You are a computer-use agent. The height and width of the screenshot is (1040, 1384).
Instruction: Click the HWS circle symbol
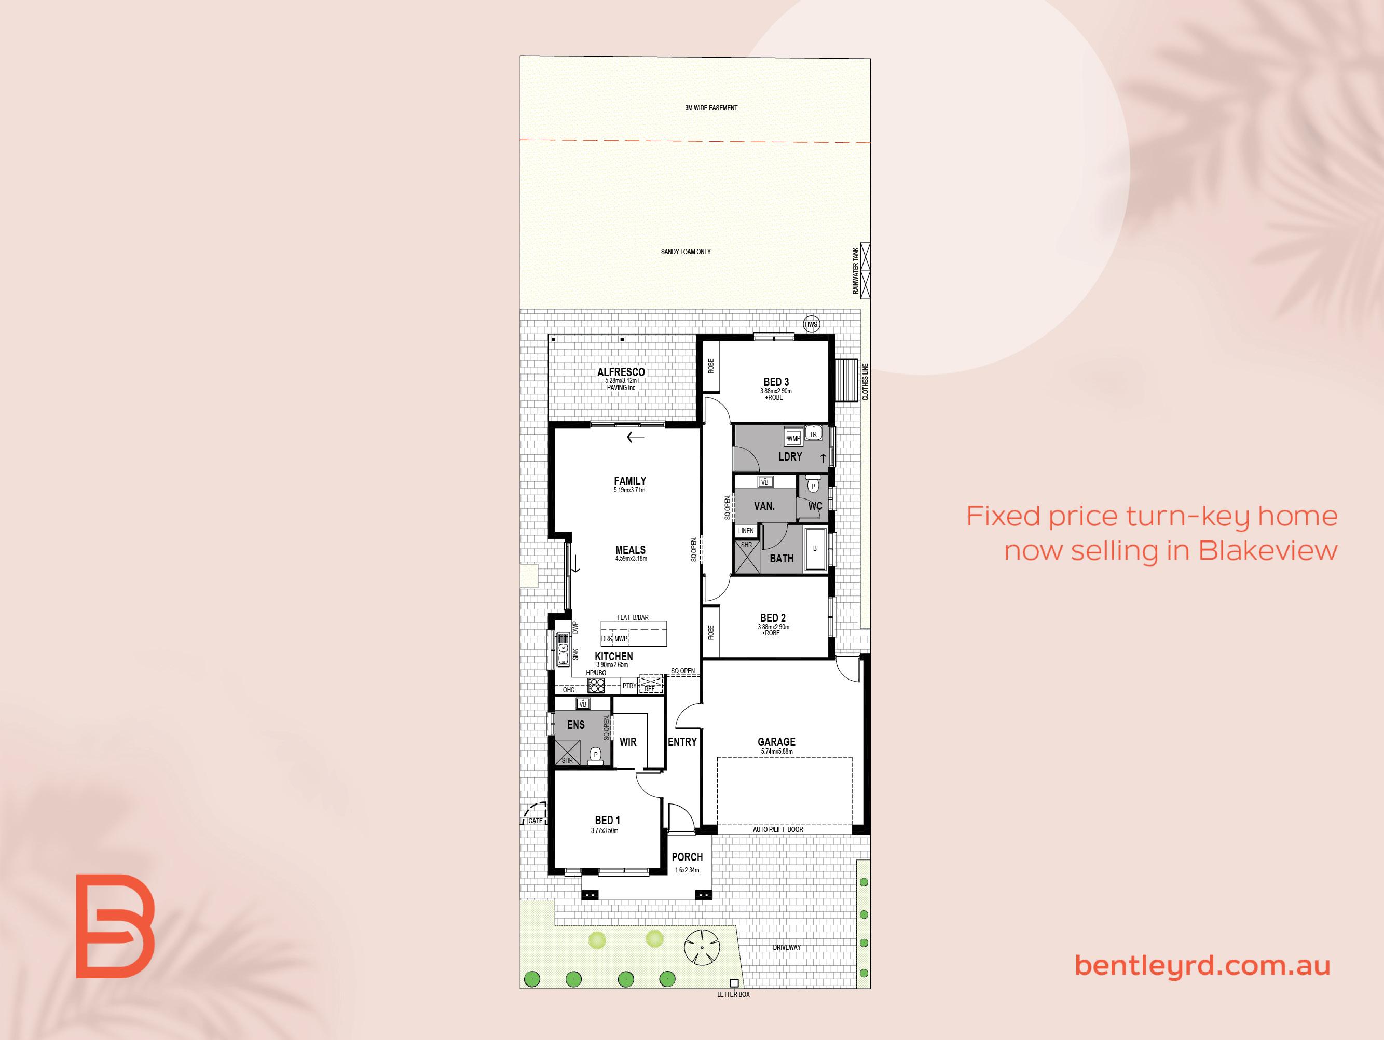[x=812, y=325]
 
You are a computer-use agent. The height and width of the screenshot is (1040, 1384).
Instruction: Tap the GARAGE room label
[x=776, y=742]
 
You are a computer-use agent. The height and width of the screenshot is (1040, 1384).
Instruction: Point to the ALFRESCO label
[x=621, y=372]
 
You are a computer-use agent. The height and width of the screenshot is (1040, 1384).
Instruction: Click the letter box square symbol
[x=734, y=983]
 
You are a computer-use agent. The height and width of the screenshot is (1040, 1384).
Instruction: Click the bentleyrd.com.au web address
[x=1202, y=965]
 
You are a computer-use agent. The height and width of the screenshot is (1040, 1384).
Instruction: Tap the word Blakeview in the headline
[x=1268, y=550]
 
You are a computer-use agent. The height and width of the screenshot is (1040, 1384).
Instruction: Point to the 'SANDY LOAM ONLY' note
[x=686, y=252]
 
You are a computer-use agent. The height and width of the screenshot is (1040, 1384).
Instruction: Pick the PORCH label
[x=687, y=857]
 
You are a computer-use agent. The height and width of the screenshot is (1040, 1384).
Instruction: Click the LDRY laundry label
[x=790, y=457]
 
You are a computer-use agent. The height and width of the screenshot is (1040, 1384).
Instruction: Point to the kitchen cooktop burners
[x=596, y=685]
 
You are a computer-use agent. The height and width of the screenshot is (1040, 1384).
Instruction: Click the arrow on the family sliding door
[x=635, y=438]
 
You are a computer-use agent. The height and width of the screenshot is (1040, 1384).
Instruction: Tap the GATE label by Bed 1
[x=536, y=821]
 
